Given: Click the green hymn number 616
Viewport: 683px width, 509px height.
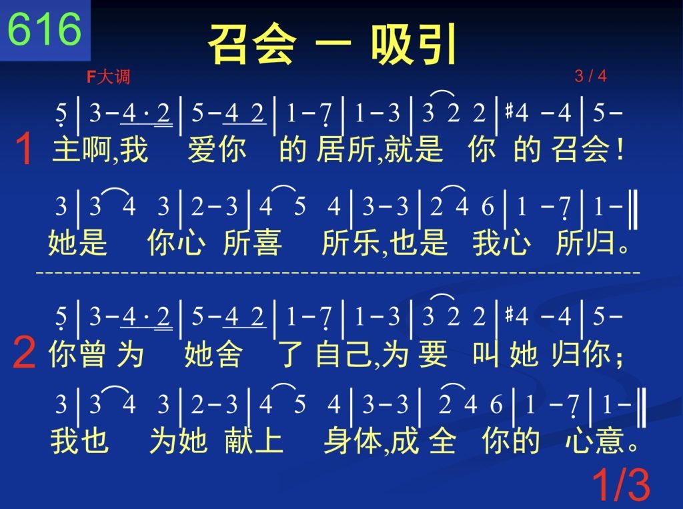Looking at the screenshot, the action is click(x=45, y=29).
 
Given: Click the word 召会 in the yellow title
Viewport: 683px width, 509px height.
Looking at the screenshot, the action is click(x=252, y=44).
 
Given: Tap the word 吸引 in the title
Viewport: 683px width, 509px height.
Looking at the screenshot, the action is click(x=414, y=44).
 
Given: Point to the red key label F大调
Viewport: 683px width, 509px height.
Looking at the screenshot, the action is click(x=108, y=77).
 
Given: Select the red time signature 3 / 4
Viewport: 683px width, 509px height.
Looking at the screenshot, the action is click(x=590, y=76).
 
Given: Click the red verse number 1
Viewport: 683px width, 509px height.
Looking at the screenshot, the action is click(x=25, y=149).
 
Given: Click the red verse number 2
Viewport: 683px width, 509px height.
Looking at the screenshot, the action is click(x=24, y=352).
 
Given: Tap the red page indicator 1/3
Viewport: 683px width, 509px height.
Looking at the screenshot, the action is click(x=621, y=484).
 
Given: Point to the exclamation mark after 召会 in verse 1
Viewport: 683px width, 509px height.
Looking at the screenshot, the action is click(x=620, y=149).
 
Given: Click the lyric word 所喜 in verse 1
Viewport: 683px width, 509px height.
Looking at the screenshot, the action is click(x=252, y=242).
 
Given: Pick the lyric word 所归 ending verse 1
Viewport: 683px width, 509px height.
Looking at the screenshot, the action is click(x=585, y=242).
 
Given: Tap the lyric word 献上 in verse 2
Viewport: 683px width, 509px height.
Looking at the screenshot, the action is click(x=254, y=440).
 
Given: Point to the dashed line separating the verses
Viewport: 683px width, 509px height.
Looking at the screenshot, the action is click(x=338, y=273).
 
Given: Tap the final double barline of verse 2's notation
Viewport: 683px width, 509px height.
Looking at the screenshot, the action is click(x=642, y=408).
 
